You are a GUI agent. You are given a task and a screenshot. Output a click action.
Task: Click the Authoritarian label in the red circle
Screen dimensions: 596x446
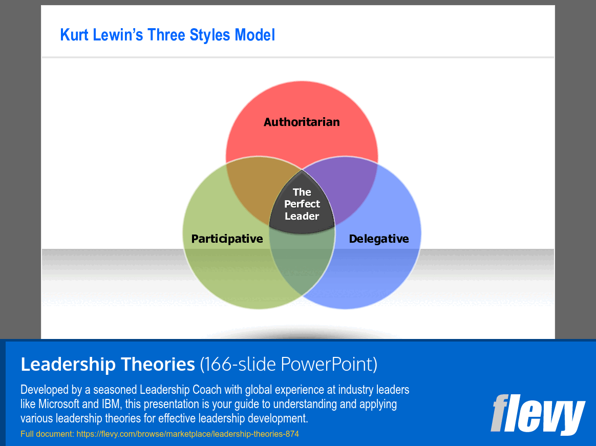tap(302, 122)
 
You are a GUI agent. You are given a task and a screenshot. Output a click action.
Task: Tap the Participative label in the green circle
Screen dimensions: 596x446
tap(227, 239)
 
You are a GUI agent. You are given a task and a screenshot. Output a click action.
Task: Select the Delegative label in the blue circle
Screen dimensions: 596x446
tap(379, 239)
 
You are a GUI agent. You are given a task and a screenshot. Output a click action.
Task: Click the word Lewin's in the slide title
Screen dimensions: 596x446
tap(117, 35)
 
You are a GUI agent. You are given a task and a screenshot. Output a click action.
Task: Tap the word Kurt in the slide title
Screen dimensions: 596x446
tap(74, 35)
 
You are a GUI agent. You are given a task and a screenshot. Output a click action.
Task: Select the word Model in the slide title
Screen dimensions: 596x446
tap(254, 35)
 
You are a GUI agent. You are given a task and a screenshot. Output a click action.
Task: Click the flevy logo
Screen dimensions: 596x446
tap(538, 414)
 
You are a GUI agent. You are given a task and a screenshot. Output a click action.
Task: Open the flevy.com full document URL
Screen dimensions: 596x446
tap(188, 434)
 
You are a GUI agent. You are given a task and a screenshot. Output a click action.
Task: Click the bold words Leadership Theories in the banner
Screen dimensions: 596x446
tap(108, 364)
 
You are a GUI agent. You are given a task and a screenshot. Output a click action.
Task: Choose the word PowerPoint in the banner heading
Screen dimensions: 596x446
tap(327, 364)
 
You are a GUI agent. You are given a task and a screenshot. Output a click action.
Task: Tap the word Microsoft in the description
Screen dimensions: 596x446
tap(58, 404)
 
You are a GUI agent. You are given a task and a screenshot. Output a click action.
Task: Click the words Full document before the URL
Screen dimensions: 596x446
tap(48, 434)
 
